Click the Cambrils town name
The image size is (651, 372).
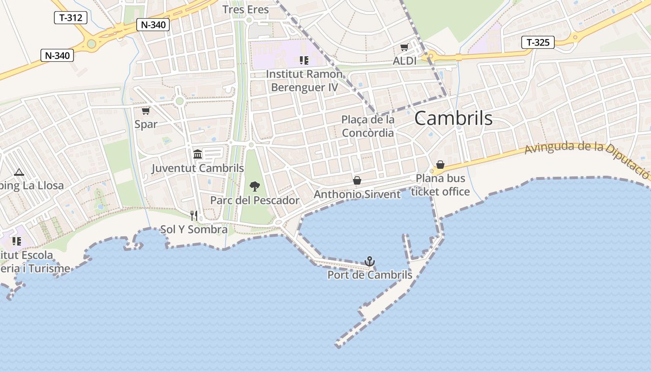(453, 118)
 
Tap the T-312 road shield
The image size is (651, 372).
(71, 18)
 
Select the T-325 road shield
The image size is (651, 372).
(538, 43)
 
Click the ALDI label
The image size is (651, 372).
(405, 61)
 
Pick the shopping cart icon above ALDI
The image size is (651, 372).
(404, 47)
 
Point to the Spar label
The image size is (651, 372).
(146, 124)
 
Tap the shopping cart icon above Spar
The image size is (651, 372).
(146, 111)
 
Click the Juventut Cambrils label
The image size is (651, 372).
(198, 168)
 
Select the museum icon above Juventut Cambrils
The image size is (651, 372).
(198, 154)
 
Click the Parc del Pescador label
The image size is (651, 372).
(255, 200)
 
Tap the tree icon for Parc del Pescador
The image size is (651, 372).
(255, 186)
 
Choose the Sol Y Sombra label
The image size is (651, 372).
(194, 229)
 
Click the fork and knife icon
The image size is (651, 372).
(194, 215)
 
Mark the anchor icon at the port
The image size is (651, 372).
(370, 261)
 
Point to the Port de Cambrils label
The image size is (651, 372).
(370, 275)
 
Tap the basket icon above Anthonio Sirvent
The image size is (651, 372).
(357, 180)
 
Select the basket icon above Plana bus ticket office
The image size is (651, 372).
(440, 165)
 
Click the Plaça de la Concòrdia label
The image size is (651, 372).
(368, 126)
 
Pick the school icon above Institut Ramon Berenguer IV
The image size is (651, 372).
(304, 60)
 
